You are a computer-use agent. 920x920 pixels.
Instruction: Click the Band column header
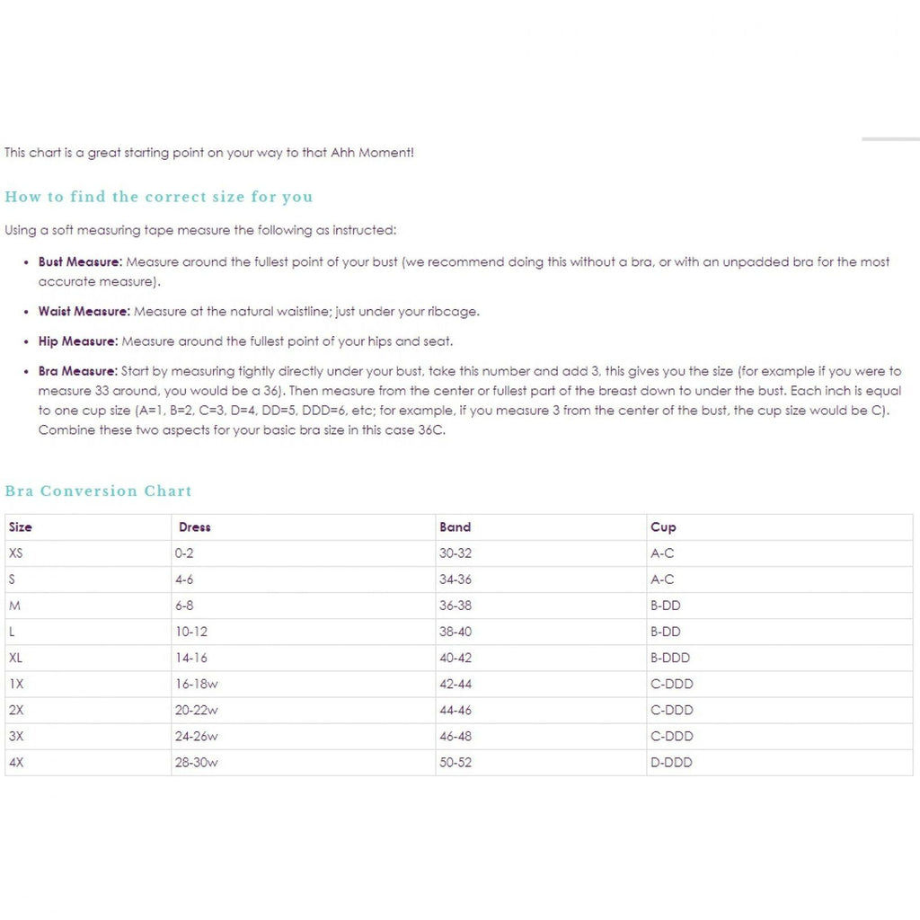pyautogui.click(x=455, y=527)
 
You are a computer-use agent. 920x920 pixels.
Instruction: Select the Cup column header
pyautogui.click(x=663, y=527)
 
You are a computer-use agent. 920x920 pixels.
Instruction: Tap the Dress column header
pyautogui.click(x=194, y=527)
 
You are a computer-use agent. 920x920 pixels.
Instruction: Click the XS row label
pyautogui.click(x=15, y=553)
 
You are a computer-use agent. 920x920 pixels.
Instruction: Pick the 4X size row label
pyautogui.click(x=16, y=763)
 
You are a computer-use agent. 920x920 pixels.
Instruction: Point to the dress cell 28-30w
pyautogui.click(x=196, y=763)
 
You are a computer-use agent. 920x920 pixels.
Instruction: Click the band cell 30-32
pyautogui.click(x=455, y=553)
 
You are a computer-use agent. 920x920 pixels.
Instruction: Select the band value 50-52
pyautogui.click(x=455, y=763)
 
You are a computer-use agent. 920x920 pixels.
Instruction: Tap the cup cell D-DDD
pyautogui.click(x=671, y=763)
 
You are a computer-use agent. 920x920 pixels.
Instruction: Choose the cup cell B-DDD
pyautogui.click(x=670, y=658)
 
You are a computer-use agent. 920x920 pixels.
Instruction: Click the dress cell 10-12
pyautogui.click(x=190, y=632)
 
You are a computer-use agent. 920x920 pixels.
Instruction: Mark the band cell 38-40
pyautogui.click(x=455, y=632)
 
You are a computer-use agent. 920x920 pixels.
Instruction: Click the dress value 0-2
pyautogui.click(x=183, y=553)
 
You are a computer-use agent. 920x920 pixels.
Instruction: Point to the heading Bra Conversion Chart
pyautogui.click(x=98, y=491)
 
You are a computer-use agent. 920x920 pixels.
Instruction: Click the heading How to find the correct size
pyautogui.click(x=158, y=197)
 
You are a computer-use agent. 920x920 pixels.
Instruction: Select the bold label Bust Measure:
pyautogui.click(x=79, y=262)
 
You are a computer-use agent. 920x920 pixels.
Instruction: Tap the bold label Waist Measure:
pyautogui.click(x=84, y=312)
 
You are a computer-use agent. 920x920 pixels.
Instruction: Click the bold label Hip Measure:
pyautogui.click(x=77, y=341)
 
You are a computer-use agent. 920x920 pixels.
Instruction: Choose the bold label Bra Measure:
pyautogui.click(x=77, y=371)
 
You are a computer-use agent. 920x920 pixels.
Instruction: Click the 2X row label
pyautogui.click(x=16, y=710)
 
